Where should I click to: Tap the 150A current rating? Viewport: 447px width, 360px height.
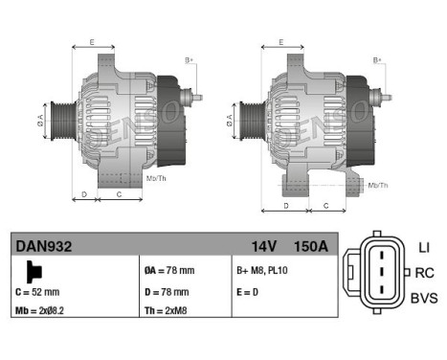309,246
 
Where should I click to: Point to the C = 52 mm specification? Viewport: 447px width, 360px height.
38,291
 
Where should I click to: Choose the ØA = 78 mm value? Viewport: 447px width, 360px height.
168,270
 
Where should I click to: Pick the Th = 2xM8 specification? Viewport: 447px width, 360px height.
167,310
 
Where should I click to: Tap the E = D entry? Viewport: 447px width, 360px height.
249,291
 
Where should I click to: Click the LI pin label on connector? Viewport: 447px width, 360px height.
423,247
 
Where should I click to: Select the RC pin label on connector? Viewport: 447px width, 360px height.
424,273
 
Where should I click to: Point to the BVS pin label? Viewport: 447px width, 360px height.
422,299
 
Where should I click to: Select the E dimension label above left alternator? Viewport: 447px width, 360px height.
92,42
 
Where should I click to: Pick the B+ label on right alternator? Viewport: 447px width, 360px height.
378,61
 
